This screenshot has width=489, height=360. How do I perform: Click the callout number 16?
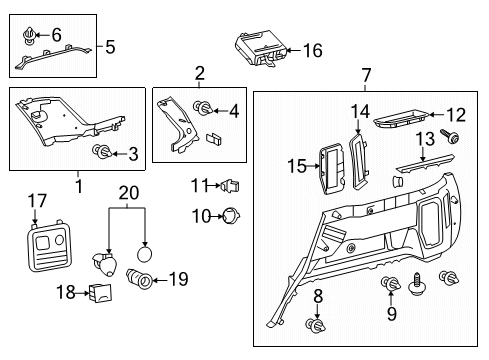pyautogui.click(x=313, y=50)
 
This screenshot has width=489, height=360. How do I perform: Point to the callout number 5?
pyautogui.click(x=110, y=46)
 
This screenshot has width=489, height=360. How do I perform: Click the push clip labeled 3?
pyautogui.click(x=101, y=152)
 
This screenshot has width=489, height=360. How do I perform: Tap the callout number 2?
pyautogui.click(x=200, y=73)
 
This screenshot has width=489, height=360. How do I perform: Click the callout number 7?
pyautogui.click(x=366, y=75)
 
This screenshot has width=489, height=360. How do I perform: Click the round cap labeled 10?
pyautogui.click(x=230, y=214)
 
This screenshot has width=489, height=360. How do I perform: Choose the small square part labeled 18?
pyautogui.click(x=99, y=292)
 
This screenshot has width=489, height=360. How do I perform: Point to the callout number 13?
pyautogui.click(x=424, y=137)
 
